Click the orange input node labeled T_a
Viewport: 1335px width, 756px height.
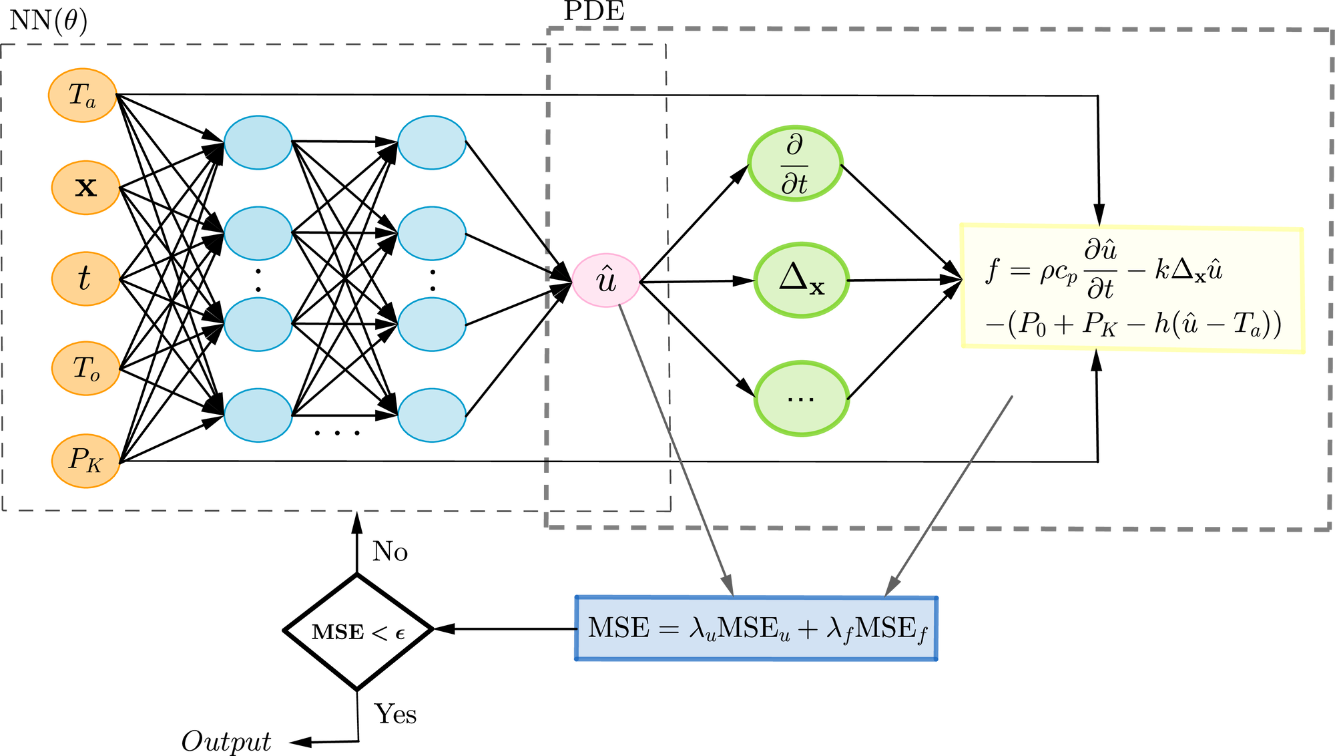tap(82, 96)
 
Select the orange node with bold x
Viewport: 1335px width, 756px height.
tap(85, 188)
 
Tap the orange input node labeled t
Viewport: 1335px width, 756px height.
tap(85, 279)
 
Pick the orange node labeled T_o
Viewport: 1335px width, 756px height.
tap(85, 369)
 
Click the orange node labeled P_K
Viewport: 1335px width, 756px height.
tap(85, 461)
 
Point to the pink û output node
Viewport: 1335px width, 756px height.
tap(606, 280)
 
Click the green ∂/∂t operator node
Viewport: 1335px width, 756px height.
tap(795, 164)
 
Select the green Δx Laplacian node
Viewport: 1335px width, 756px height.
tap(801, 280)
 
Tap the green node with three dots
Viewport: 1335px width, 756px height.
tap(801, 399)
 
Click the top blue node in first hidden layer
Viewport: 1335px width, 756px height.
tap(258, 142)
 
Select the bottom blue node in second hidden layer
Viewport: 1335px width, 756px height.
tap(432, 415)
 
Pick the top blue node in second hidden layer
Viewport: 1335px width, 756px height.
tap(432, 142)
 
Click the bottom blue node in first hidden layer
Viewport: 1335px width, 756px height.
tap(258, 415)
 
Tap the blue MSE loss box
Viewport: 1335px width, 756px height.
tap(756, 628)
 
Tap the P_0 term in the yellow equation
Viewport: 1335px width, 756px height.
tap(1032, 325)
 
